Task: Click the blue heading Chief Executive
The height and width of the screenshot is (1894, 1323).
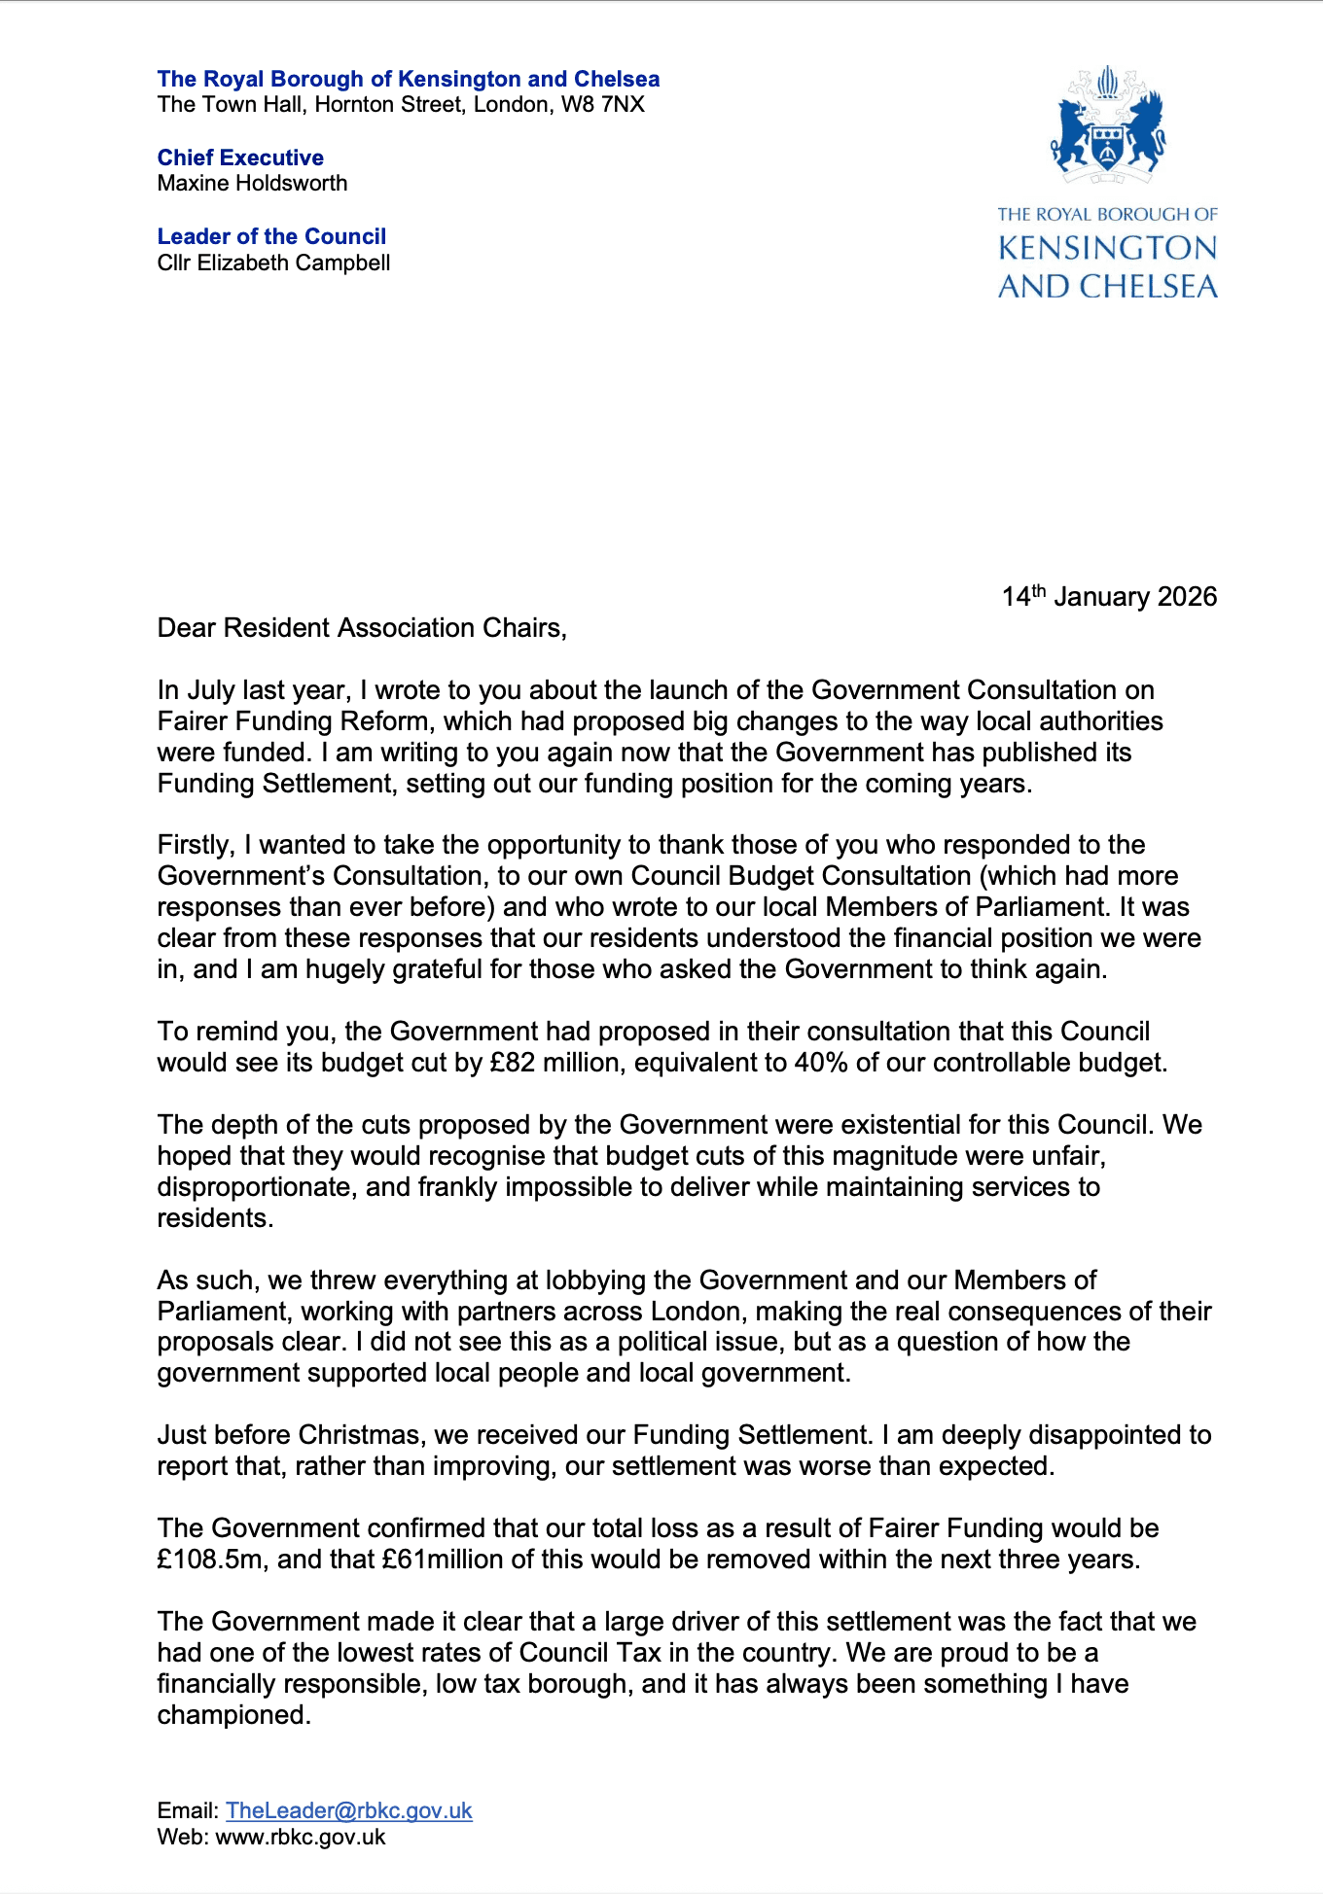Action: coord(240,158)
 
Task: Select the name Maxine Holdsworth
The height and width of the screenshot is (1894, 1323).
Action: coord(252,183)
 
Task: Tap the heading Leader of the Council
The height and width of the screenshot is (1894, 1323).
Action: coord(271,236)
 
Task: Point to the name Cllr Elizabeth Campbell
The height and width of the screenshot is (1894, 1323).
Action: coord(273,263)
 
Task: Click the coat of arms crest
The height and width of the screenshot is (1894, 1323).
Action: coord(1107,126)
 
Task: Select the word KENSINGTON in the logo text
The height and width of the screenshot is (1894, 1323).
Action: coord(1107,249)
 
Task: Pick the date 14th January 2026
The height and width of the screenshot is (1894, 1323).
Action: coord(1109,596)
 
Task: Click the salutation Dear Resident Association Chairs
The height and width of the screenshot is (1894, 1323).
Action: coord(362,628)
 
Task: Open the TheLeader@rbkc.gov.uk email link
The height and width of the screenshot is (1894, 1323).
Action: coord(348,1810)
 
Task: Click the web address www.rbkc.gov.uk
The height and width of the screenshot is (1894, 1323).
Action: coord(300,1838)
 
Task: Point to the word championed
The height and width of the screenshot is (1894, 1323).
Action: coord(233,1715)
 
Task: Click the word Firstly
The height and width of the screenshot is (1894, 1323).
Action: coord(196,845)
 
